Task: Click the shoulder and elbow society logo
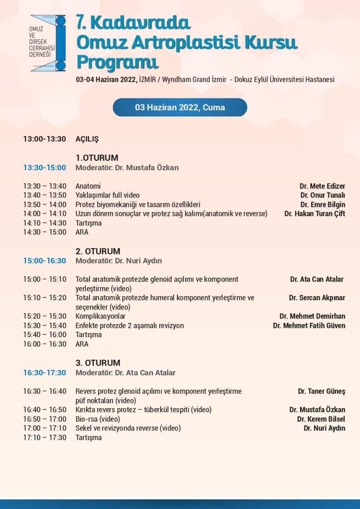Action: (x=48, y=43)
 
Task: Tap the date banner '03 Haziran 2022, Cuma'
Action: (x=180, y=107)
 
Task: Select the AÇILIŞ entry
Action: (x=87, y=139)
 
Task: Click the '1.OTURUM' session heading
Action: (x=97, y=158)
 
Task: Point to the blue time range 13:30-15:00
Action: (x=45, y=168)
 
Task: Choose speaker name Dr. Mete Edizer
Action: (x=322, y=186)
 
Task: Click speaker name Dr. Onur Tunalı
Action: (x=323, y=196)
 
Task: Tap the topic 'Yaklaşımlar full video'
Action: (x=107, y=196)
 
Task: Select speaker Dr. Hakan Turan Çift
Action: (x=315, y=214)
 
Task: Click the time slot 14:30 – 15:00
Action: (x=45, y=232)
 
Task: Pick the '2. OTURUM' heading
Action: (x=98, y=252)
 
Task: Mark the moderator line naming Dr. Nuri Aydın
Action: (x=118, y=261)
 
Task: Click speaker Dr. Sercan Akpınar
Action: (x=317, y=298)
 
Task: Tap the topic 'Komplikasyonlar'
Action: (x=100, y=316)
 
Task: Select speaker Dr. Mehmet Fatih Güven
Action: (x=309, y=326)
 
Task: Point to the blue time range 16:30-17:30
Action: (x=45, y=373)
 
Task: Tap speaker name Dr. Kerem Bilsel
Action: (x=321, y=419)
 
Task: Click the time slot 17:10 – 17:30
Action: (x=45, y=438)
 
